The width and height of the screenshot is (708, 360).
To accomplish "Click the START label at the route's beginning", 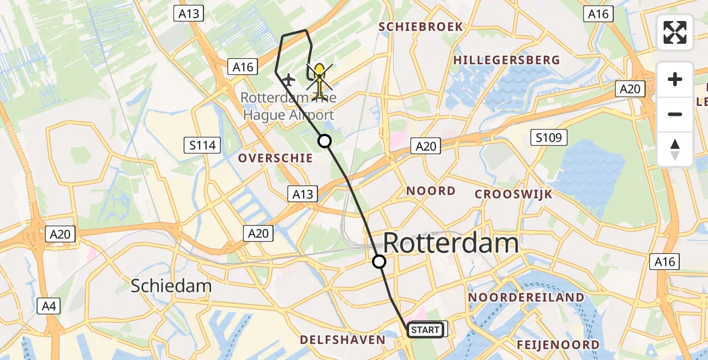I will coord(425,330).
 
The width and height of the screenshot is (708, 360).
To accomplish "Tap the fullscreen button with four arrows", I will coord(675,32).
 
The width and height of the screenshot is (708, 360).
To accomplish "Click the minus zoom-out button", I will coord(675,114).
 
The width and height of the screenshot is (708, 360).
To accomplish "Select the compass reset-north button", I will coord(675,149).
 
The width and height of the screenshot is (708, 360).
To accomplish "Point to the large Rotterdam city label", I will coord(451,244).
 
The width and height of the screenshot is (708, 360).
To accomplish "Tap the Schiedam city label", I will coord(171,286).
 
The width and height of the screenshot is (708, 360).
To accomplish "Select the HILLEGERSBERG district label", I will coord(506,60).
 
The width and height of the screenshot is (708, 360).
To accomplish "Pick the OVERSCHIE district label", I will coord(275,158).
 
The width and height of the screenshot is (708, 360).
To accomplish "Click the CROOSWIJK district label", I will coord(513,194).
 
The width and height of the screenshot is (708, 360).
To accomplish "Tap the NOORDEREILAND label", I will coord(526,298).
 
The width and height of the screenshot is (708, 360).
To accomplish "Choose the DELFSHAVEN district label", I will coord(343,340).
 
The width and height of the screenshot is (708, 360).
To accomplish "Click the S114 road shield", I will coord(202,145).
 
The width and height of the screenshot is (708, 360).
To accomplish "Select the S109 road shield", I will coord(549,138).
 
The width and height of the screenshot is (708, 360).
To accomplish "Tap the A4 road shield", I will coord(49,307).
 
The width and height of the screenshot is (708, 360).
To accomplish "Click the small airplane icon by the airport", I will coord(289,79).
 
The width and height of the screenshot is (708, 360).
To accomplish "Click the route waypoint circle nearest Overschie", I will coord(324,141).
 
